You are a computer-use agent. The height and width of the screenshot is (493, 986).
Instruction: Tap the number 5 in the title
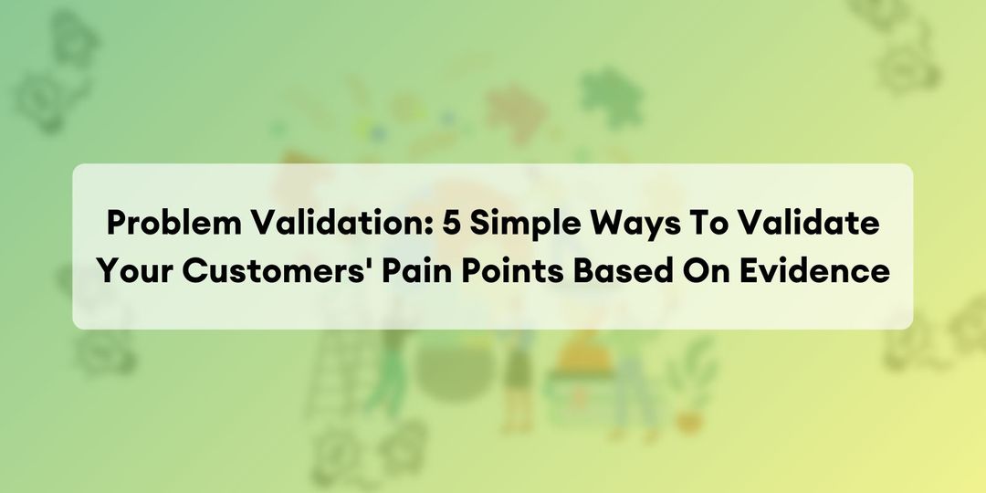point(453,224)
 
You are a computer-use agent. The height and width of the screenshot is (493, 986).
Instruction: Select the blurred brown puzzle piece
point(516,110)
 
